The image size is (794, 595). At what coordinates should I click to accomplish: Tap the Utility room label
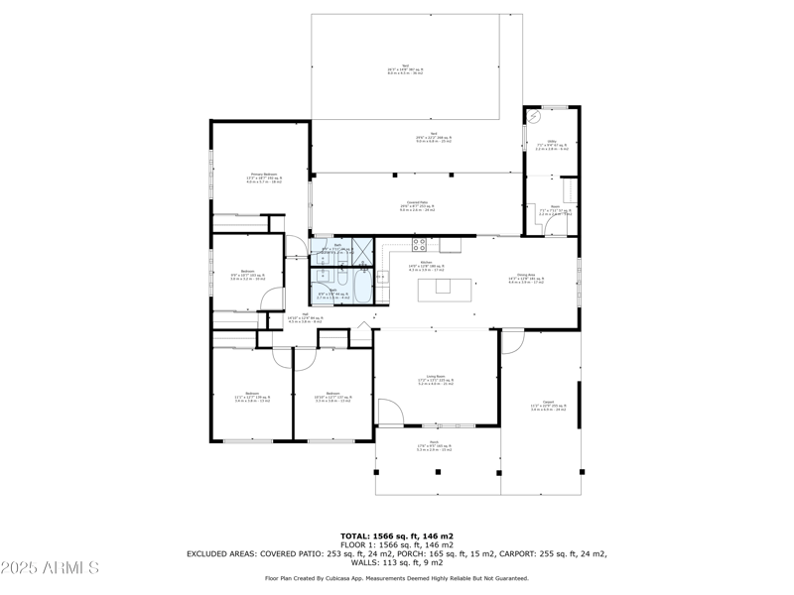click(x=553, y=144)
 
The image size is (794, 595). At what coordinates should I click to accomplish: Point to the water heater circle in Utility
click(x=535, y=117)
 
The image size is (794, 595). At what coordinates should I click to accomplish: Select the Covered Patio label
click(x=417, y=206)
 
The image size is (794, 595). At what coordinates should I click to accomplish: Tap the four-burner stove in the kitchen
click(x=420, y=243)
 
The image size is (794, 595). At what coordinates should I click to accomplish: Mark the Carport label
click(x=548, y=406)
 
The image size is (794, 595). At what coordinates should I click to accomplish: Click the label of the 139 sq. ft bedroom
click(x=252, y=398)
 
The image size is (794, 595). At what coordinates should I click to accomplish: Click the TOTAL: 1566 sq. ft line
click(x=397, y=535)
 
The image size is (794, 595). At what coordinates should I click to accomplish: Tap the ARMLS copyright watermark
click(x=50, y=567)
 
